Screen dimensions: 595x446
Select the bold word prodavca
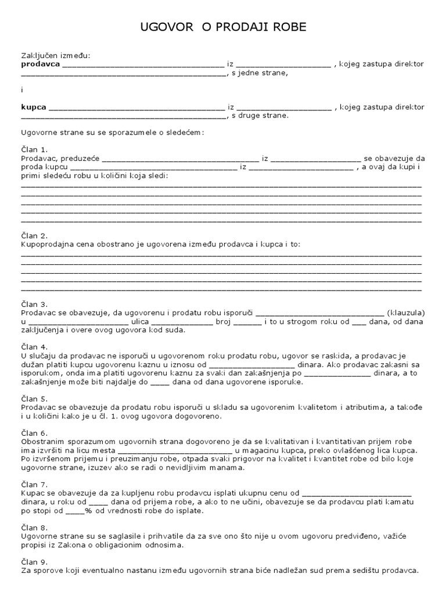(x=40, y=64)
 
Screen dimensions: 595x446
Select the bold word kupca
(x=34, y=107)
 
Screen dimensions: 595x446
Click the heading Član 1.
(x=34, y=149)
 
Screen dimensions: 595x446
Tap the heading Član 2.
(x=34, y=236)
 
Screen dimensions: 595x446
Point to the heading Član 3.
(x=34, y=304)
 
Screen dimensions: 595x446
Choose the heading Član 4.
(x=34, y=347)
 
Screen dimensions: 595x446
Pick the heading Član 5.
(x=34, y=399)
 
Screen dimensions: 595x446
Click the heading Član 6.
(x=34, y=433)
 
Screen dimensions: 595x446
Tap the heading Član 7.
(x=34, y=485)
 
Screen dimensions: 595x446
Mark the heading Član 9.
(x=34, y=562)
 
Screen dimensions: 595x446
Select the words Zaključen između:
(x=56, y=56)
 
